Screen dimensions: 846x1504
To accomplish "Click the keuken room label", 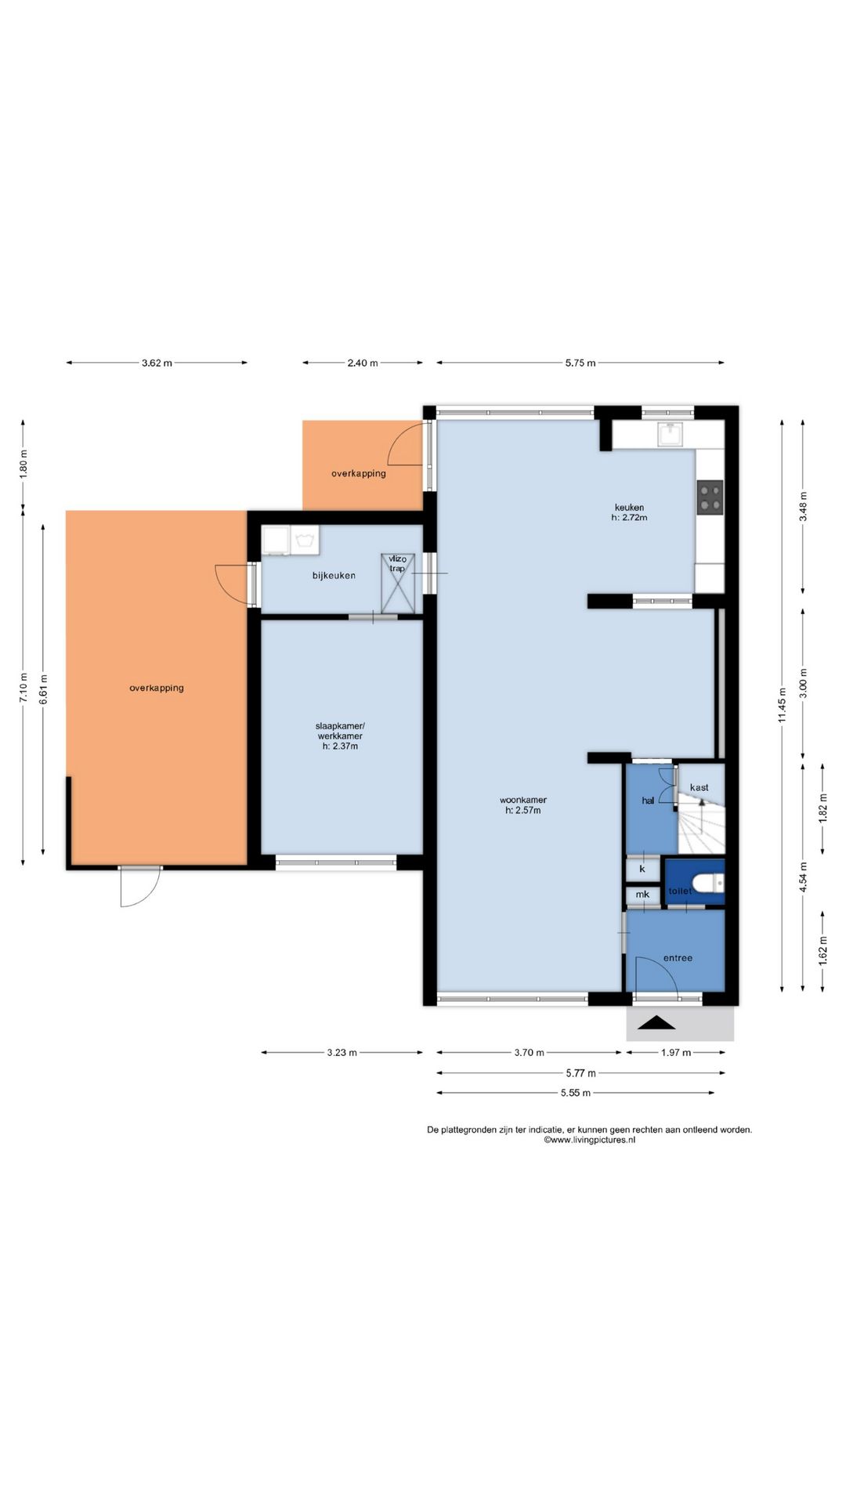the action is pyautogui.click(x=629, y=512).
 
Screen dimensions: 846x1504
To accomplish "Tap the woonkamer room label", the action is pyautogui.click(x=523, y=805).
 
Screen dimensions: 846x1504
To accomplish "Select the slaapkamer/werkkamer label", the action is pyautogui.click(x=340, y=736).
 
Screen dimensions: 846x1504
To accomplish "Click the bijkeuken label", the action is pyautogui.click(x=334, y=576).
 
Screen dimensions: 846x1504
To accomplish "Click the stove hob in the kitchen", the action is pyautogui.click(x=710, y=497).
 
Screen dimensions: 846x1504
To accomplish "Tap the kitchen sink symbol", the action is pyautogui.click(x=670, y=433).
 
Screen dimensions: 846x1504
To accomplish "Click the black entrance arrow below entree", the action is pyautogui.click(x=659, y=1022).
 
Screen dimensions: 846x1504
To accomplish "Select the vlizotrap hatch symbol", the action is pyautogui.click(x=397, y=582).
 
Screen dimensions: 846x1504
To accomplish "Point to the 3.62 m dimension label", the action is pyautogui.click(x=157, y=363).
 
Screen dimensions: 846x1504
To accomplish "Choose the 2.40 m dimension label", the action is pyautogui.click(x=363, y=363).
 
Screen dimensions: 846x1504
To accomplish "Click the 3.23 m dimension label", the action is pyautogui.click(x=342, y=1053).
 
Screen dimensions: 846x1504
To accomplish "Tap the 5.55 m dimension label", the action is pyautogui.click(x=576, y=1093).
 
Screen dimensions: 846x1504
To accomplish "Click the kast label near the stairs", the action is pyautogui.click(x=699, y=787).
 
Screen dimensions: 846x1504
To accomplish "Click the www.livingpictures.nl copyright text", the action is pyautogui.click(x=589, y=1141).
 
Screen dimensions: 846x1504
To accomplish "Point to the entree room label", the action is pyautogui.click(x=678, y=957).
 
